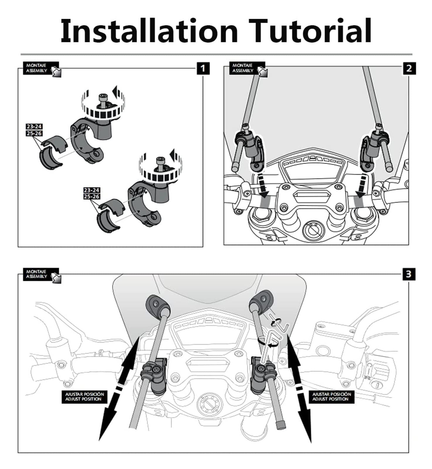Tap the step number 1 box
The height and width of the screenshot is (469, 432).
click(x=203, y=69)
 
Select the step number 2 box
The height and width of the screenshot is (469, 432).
click(x=409, y=69)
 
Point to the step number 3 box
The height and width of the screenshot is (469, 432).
click(x=409, y=274)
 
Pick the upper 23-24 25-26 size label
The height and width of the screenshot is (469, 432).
click(x=34, y=130)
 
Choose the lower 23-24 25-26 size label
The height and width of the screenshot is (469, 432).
click(x=91, y=194)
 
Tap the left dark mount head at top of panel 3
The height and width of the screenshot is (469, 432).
click(x=157, y=304)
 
